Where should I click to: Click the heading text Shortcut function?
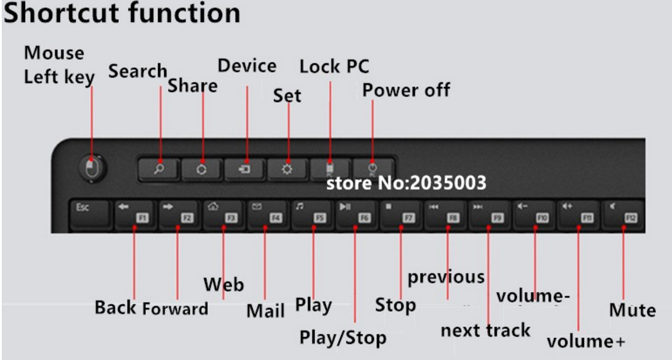(121, 13)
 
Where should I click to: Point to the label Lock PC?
(334, 66)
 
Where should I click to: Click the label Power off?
(406, 90)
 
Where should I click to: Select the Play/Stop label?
(342, 337)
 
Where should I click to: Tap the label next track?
(485, 330)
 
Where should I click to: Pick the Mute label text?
(632, 310)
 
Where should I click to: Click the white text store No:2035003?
(406, 183)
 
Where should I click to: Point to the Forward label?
(175, 309)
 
